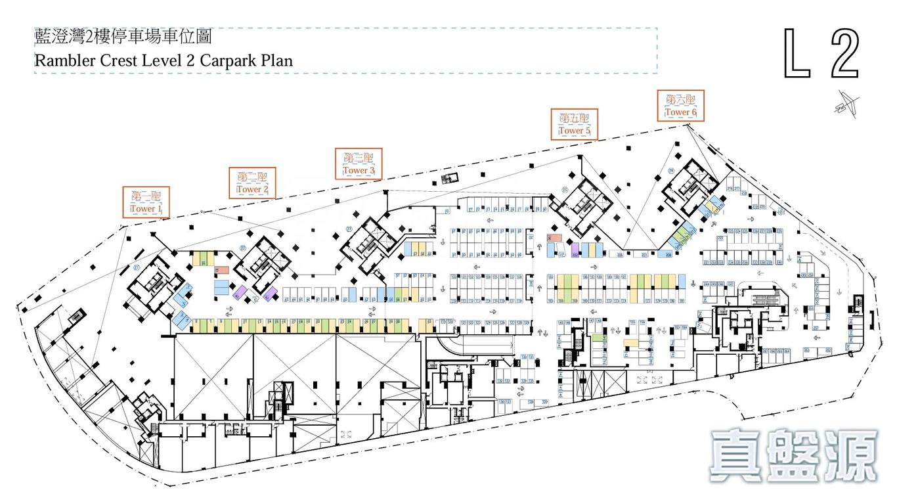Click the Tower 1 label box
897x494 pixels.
pos(146,202)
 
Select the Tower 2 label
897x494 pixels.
pos(252,183)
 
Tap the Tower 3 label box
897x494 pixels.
pos(359,164)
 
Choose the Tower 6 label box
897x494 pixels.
pos(680,106)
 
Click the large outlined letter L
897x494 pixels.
pos(797,54)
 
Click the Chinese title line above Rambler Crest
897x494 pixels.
pos(123,37)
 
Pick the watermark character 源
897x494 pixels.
pos(851,455)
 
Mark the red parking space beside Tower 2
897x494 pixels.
pos(223,269)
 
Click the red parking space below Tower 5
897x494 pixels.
pos(554,238)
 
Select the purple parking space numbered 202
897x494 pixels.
pos(575,251)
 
